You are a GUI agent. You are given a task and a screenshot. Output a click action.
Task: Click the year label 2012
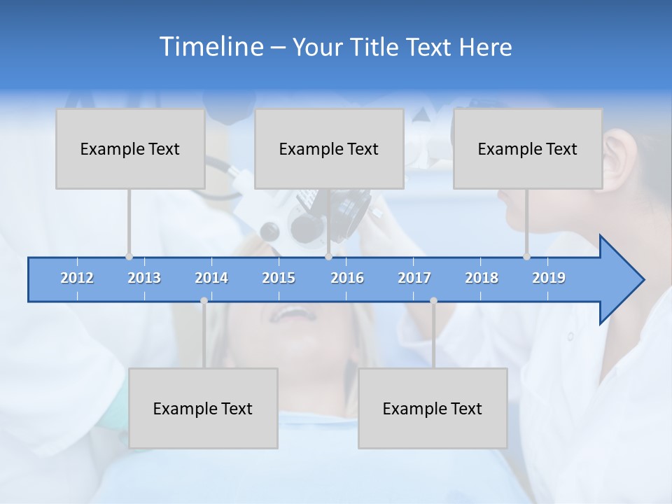pos(77,278)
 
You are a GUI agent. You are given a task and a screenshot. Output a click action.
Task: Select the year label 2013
pos(144,278)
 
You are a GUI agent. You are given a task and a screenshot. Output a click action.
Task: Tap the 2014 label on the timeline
pos(211,278)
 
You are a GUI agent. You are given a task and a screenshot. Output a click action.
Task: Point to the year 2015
pos(279,278)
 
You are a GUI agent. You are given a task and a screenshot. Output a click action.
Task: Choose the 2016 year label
pos(347,278)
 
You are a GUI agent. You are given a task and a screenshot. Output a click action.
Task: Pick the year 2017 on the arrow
pos(414,278)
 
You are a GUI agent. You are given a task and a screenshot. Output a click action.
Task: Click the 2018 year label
pos(482,278)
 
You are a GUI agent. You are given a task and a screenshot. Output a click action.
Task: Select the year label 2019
pos(549,278)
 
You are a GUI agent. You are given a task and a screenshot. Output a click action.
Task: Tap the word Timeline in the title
pos(210,47)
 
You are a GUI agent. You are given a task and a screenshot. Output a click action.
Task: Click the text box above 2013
pos(130,148)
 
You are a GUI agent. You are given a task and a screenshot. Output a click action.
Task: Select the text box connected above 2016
pos(329,148)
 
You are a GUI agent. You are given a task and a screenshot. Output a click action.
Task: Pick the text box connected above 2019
pos(528,148)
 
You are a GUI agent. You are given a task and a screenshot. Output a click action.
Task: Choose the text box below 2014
pos(203,408)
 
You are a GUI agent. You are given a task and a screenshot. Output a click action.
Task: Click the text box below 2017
pos(433,408)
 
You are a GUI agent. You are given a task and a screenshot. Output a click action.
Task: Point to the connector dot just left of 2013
pos(129,256)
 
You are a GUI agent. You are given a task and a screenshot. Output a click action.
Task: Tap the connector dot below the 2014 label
pos(204,300)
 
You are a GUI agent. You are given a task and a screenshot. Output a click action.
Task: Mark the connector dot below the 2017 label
pos(433,300)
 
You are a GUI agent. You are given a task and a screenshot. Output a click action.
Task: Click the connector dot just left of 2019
pos(526,256)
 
